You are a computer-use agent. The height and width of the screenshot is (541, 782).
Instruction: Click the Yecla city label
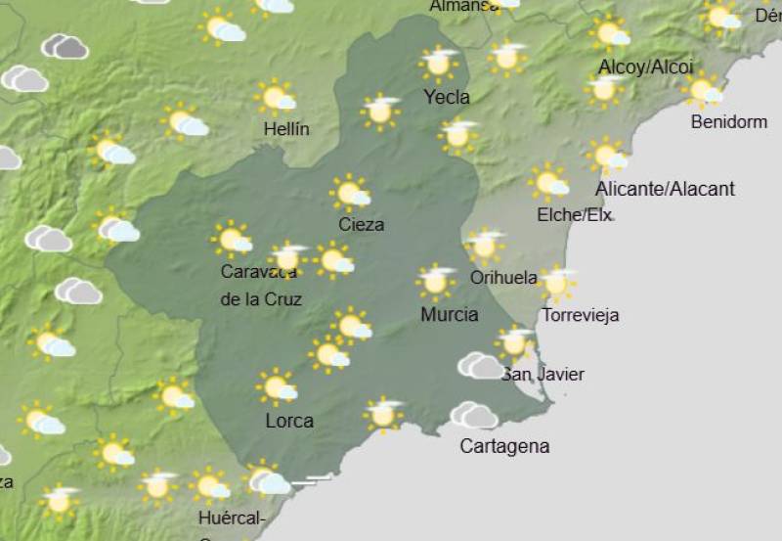[x=446, y=97]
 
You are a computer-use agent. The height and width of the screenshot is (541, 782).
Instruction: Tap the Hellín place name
[x=286, y=129]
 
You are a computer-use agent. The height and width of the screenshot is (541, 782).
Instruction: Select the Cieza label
[x=361, y=224]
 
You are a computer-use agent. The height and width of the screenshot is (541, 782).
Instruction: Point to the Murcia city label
[x=449, y=314]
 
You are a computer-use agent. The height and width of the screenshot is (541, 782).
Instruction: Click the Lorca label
[x=289, y=421]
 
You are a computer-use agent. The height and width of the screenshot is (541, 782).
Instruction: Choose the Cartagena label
[x=504, y=446]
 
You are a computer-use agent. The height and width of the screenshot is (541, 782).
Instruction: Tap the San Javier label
[x=543, y=374]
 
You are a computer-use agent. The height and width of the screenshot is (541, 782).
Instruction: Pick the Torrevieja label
[x=580, y=315]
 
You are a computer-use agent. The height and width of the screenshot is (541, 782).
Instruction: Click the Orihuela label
[x=503, y=278]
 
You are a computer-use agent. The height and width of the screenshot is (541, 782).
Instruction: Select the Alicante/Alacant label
[x=665, y=189]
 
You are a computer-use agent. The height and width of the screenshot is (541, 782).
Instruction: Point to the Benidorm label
[x=728, y=122]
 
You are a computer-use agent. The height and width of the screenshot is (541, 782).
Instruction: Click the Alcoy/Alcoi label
[x=645, y=68]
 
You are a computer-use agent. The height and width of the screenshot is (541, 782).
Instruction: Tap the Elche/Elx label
[x=575, y=215]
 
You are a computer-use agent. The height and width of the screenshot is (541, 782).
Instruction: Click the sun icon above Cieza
[x=349, y=193]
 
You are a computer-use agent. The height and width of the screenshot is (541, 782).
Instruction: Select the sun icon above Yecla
[x=439, y=63]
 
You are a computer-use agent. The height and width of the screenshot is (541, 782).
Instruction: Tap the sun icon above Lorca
[x=277, y=386]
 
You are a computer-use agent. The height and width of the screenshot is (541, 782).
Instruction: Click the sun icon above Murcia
[x=436, y=281]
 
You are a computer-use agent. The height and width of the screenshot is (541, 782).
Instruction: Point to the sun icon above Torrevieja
[x=557, y=283]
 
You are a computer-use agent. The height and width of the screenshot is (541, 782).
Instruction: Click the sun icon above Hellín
[x=277, y=98]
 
